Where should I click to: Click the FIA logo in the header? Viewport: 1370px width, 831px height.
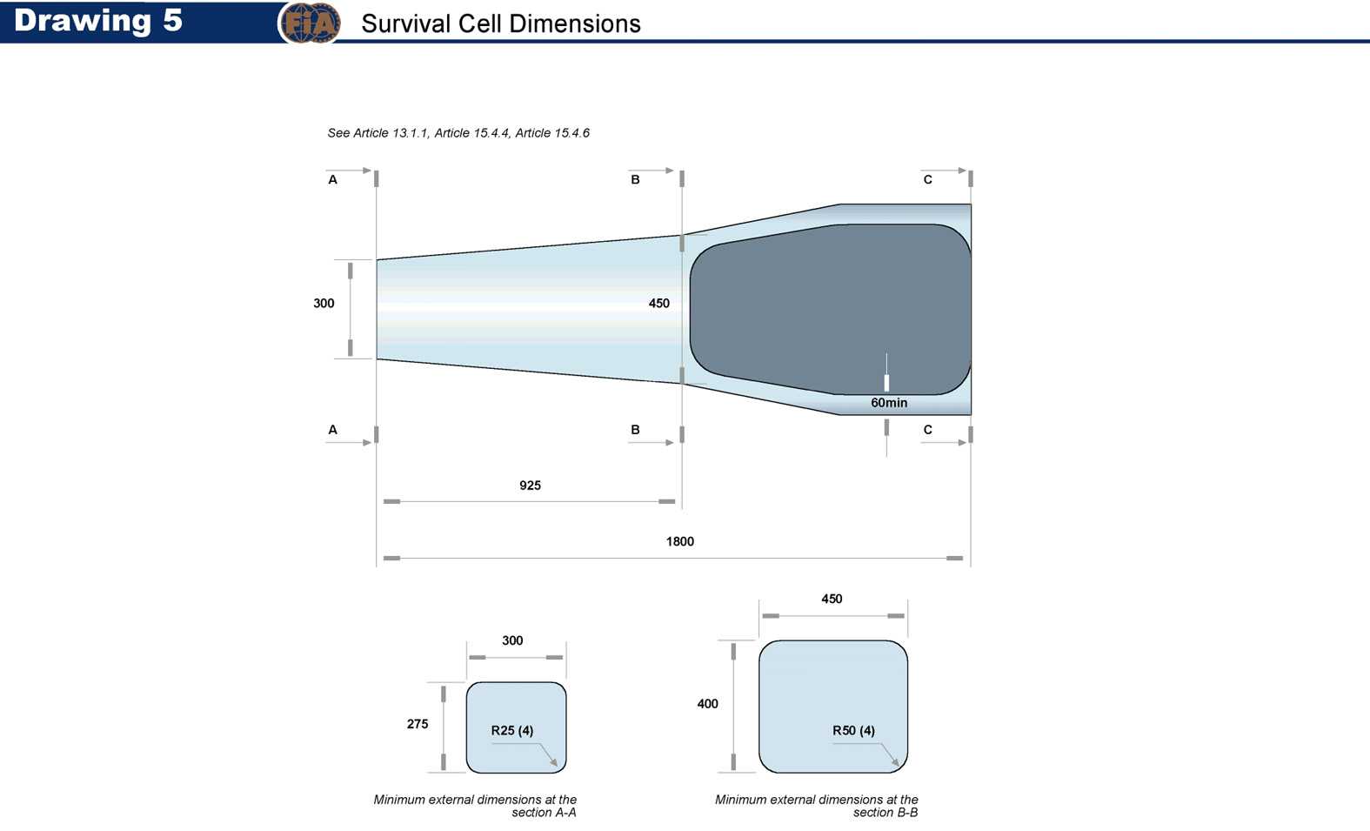point(310,23)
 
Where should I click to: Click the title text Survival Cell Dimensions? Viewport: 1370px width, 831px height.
point(501,23)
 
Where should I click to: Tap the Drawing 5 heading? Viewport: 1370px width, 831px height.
point(97,20)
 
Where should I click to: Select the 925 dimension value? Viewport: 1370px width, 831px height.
point(531,486)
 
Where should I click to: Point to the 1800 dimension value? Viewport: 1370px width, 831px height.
point(680,541)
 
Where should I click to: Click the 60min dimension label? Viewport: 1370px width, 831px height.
point(889,403)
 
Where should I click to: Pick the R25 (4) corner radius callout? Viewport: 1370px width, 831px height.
point(512,731)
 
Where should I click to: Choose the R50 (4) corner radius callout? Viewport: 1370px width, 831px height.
point(854,731)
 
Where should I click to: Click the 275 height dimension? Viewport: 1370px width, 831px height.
point(418,724)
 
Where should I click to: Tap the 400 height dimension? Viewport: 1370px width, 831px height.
point(708,704)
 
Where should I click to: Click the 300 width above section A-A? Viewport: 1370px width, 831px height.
point(512,640)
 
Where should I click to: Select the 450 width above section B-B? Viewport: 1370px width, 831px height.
point(832,599)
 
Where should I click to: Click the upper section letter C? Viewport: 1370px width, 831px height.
point(928,179)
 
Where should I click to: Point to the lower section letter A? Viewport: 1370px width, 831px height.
point(332,430)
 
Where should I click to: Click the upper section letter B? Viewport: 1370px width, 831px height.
point(636,179)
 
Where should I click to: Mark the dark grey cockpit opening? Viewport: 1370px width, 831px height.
point(831,310)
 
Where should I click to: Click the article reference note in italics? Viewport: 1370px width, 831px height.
point(458,133)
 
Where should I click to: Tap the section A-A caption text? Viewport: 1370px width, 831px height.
point(475,806)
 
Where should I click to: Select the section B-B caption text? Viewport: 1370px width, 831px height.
point(817,806)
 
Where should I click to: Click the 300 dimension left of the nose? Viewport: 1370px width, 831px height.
point(324,303)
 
